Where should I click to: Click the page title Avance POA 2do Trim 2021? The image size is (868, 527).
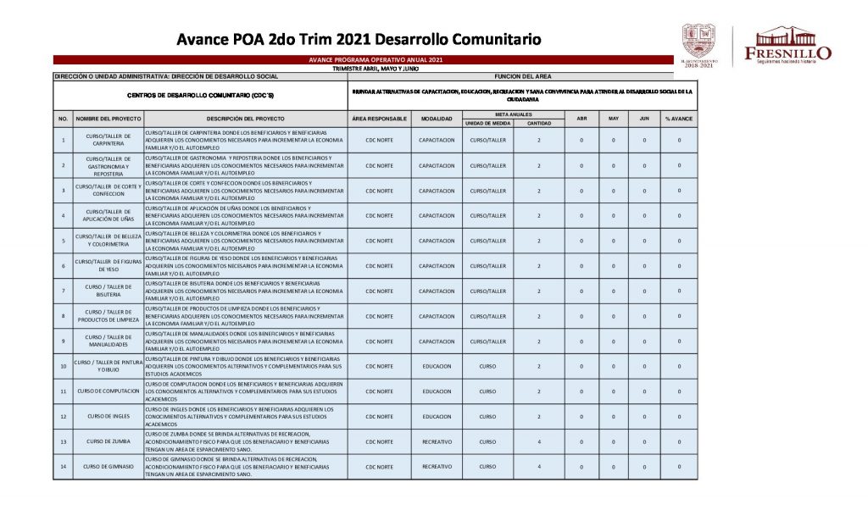pyautogui.click(x=359, y=39)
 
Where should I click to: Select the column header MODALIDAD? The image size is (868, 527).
pyautogui.click(x=437, y=119)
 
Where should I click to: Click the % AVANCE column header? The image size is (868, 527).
pyautogui.click(x=679, y=119)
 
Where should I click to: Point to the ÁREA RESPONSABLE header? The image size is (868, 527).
pyautogui.click(x=379, y=119)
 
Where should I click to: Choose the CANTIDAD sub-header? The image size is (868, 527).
pyautogui.click(x=539, y=123)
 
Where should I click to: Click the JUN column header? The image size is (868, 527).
pyautogui.click(x=644, y=119)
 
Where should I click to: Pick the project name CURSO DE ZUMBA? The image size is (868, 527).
pyautogui.click(x=107, y=441)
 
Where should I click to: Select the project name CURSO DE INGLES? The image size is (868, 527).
pyautogui.click(x=107, y=416)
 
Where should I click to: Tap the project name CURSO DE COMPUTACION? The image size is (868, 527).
pyautogui.click(x=107, y=391)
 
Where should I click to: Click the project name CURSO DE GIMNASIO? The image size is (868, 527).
pyautogui.click(x=107, y=467)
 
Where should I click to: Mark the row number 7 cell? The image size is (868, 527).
pyautogui.click(x=63, y=291)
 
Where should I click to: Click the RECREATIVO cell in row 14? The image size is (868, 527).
pyautogui.click(x=437, y=467)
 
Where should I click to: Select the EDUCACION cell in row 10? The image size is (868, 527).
pyautogui.click(x=437, y=366)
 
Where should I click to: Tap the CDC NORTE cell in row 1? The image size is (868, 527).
pyautogui.click(x=379, y=140)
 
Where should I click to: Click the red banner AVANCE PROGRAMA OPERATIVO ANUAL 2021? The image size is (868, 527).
pyautogui.click(x=375, y=60)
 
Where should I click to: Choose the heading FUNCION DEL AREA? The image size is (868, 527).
pyautogui.click(x=523, y=75)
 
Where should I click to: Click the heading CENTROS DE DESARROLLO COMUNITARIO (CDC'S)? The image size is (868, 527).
pyautogui.click(x=200, y=95)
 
